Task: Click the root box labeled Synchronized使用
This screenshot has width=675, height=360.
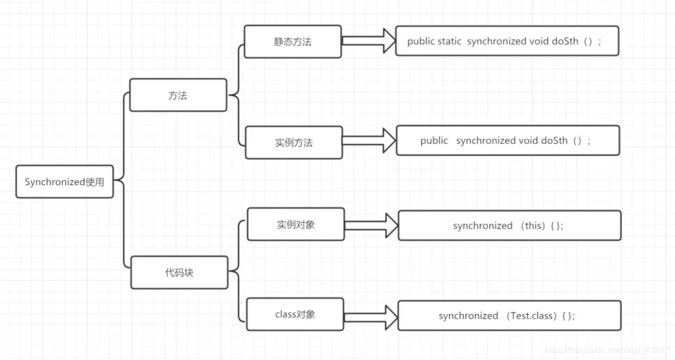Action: point(65,182)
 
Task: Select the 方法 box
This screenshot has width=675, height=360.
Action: point(178,95)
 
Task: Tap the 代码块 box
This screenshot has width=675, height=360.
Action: point(178,273)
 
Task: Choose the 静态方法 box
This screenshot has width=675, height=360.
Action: point(293,41)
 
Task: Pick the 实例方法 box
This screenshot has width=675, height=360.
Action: point(294,143)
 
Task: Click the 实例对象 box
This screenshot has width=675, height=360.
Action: point(296,224)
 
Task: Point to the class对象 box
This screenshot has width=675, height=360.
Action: point(295,314)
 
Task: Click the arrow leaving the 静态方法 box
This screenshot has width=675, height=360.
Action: point(368,41)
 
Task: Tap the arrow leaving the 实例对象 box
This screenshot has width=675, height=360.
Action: point(371,225)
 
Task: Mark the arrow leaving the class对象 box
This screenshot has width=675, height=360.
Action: point(371,315)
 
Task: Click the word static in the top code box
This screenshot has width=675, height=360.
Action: point(450,41)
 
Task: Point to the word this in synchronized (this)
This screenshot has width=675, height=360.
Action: point(534,226)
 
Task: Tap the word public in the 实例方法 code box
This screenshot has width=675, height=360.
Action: point(434,140)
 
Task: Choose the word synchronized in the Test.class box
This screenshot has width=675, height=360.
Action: point(468,315)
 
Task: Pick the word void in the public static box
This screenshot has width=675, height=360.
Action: point(539,41)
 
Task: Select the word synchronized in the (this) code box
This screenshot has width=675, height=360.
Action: point(483,226)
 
